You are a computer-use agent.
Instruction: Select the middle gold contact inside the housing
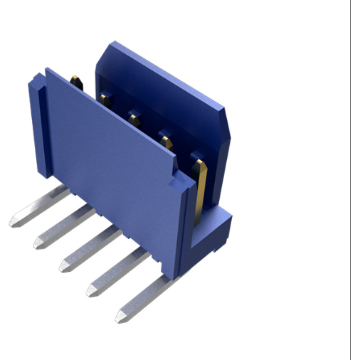pyautogui.click(x=134, y=115)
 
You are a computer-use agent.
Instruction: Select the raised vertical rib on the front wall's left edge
pyautogui.click(x=38, y=128)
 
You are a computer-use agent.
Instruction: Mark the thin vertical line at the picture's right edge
pyautogui.click(x=351, y=178)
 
